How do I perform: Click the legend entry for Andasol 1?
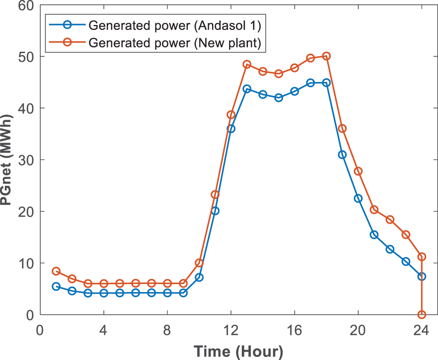coord(175,25)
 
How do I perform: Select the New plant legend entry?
coord(175,43)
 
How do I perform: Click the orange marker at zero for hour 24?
coord(422,314)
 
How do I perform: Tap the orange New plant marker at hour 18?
coord(326,56)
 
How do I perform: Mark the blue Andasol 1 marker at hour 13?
coord(247,89)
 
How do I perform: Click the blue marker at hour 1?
coord(56,286)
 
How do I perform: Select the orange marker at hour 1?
coord(56,271)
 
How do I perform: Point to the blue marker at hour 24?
coord(422,276)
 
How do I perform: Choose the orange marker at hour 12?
coord(231,115)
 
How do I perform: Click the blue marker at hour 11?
coord(215,211)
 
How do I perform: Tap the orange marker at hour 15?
coord(279,74)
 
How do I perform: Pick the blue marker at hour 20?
coord(358,198)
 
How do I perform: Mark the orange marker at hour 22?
coord(390,220)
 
